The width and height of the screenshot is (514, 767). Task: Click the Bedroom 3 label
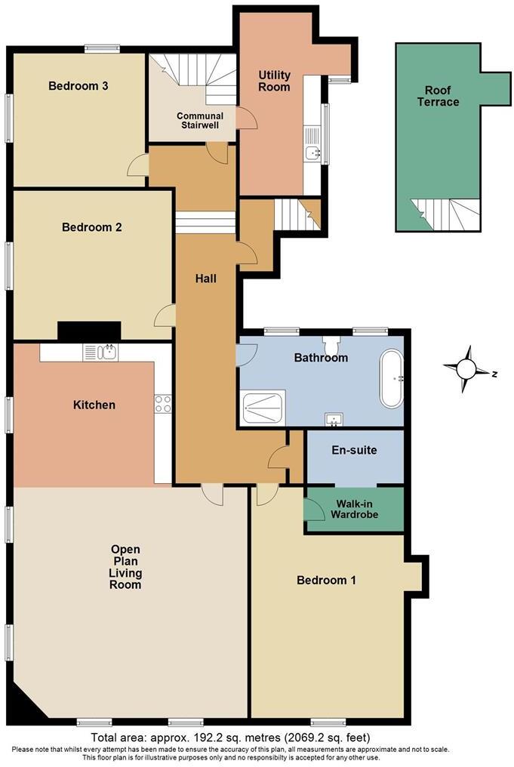coord(78,85)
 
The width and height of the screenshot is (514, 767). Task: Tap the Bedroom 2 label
coord(92,226)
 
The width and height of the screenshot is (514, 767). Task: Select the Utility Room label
coord(273,81)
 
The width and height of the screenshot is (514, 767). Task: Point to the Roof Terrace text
coord(438,96)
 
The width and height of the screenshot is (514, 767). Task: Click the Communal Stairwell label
coord(199,121)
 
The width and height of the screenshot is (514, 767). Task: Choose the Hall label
coord(205,279)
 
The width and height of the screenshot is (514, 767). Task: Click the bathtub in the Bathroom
coord(392,379)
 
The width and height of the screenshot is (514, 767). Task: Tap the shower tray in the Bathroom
coord(263,407)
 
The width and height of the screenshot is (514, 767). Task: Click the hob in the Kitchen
coord(163,404)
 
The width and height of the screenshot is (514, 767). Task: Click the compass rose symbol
coord(467,369)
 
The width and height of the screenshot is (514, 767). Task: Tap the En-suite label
coord(354,451)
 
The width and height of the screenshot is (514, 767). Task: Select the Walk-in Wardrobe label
coord(354,510)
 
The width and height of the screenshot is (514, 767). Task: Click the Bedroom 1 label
coord(326,581)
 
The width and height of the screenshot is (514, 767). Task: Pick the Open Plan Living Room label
coord(125,566)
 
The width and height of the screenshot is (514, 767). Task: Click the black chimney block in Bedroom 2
coord(89,331)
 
